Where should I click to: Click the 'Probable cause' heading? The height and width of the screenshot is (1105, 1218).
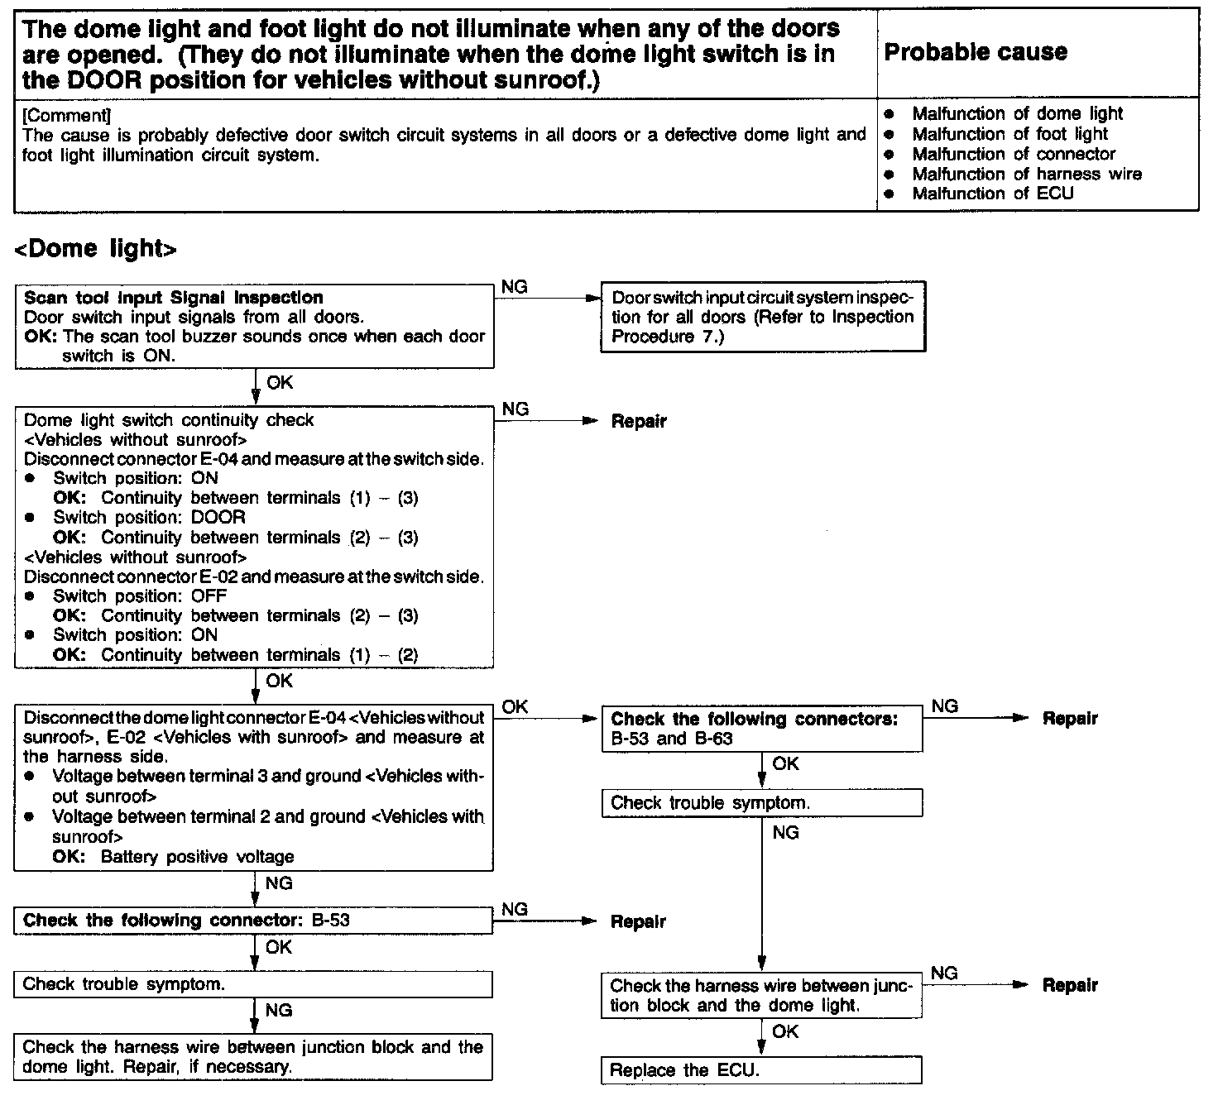pos(976,52)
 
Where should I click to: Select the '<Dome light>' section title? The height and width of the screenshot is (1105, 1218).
pos(96,248)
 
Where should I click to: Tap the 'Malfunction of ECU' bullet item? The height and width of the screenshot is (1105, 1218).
pos(992,194)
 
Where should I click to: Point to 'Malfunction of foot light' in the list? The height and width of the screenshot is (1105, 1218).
pos(1009,134)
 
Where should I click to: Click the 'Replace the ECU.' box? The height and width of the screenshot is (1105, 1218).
pos(761,1069)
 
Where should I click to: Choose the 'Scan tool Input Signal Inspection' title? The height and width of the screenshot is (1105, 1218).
pos(174,298)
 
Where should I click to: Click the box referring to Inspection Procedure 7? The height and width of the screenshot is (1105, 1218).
pos(762,317)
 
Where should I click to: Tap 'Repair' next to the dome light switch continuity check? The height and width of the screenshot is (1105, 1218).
pos(639,421)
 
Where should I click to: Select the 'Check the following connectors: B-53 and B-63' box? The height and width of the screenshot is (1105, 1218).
pos(761,729)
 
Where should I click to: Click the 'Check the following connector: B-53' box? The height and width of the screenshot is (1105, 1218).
pos(253,921)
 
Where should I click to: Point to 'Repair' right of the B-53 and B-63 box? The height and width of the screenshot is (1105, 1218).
pos(1070,719)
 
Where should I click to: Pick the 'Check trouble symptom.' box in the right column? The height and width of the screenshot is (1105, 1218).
pos(761,802)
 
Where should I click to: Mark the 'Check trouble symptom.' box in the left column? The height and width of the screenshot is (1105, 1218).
pos(253,984)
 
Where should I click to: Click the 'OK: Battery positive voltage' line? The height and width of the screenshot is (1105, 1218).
pos(173,857)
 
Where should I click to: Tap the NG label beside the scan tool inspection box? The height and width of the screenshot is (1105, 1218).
pos(515,287)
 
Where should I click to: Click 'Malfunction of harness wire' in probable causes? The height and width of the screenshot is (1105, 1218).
pos(1026,174)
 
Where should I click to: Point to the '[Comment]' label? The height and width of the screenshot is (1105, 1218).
pos(67,115)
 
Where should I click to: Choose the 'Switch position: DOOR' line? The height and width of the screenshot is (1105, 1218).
pos(149,518)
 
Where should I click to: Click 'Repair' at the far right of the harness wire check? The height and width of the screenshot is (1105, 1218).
pos(1070,985)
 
